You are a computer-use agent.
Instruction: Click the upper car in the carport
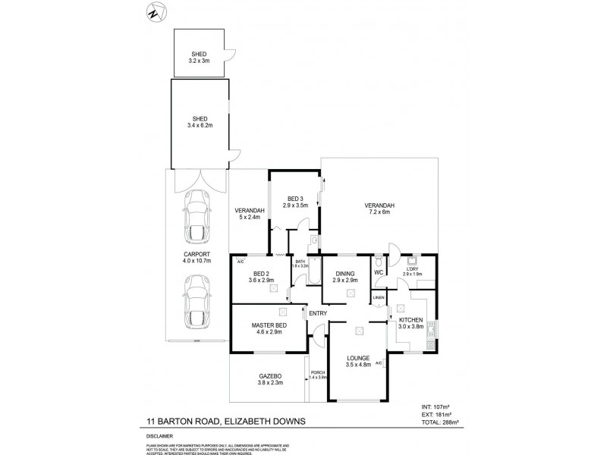click(x=198, y=212)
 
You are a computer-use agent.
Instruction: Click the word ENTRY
click(x=317, y=313)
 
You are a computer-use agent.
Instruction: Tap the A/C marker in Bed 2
click(x=240, y=262)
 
